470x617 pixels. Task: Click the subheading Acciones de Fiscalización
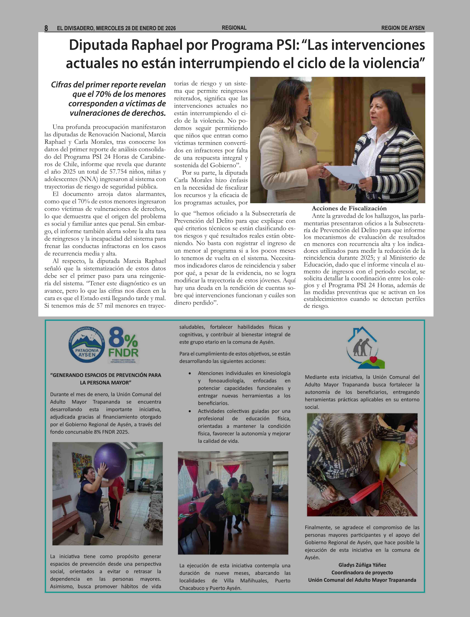(349, 208)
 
